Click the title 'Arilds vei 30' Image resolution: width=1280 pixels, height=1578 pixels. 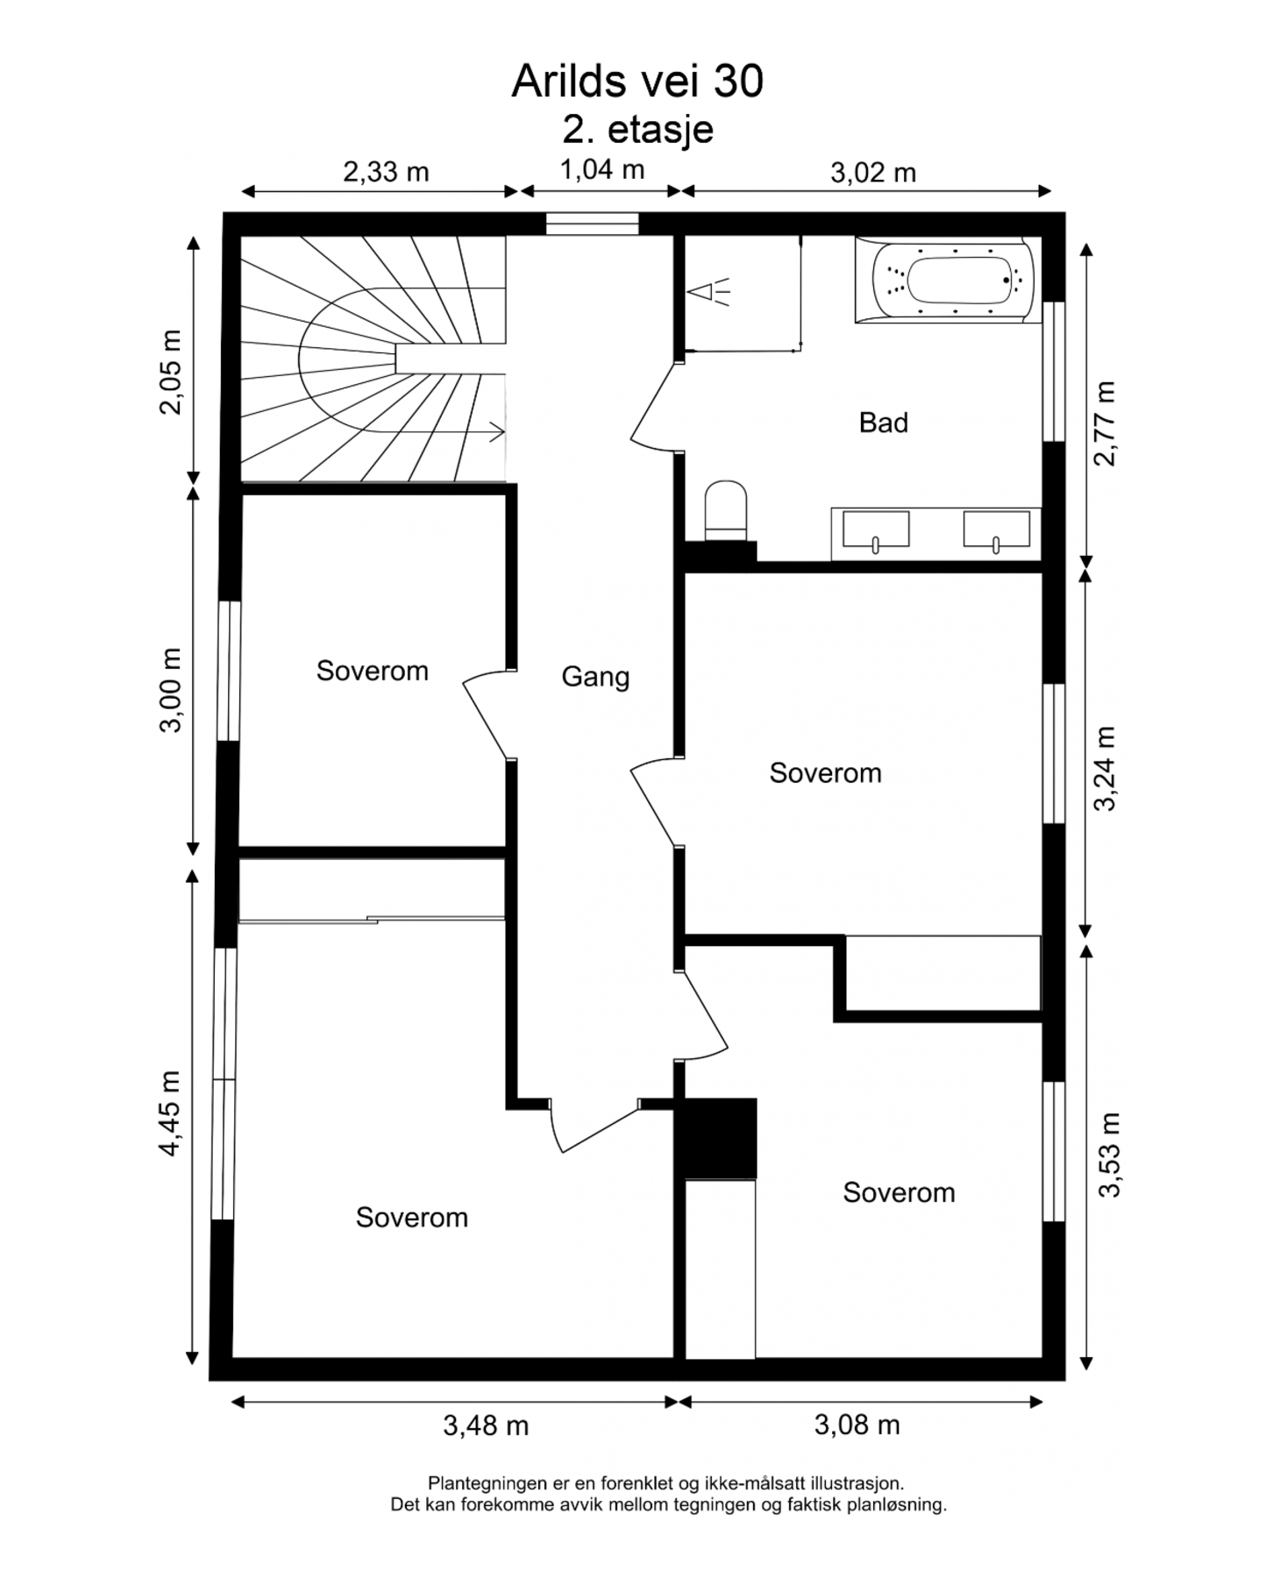pos(637,82)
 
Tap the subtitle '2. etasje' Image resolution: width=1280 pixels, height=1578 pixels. pos(638,129)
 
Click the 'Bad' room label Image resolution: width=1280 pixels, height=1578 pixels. pos(883,423)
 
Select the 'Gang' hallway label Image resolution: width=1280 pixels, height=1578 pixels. pos(595,677)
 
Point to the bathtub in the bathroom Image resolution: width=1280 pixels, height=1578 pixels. pos(944,280)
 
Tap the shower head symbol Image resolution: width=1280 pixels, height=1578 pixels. pos(708,291)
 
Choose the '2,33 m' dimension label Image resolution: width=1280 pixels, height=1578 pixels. pos(386,172)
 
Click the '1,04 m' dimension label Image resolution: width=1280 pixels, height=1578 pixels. pos(601,169)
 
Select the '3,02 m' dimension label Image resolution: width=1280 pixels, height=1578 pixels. pos(873,173)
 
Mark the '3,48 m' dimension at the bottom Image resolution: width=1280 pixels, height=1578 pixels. pos(486,1426)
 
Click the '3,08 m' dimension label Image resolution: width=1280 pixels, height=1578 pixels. pos(857,1425)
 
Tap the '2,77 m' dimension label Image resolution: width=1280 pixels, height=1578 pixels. pos(1106,423)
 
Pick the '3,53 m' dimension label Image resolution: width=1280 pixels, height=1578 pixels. pos(1110,1155)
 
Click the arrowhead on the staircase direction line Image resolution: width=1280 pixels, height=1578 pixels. pos(498,431)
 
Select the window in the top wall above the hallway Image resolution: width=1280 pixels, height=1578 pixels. pos(593,224)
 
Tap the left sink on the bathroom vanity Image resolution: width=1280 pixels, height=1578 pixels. pos(876,532)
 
